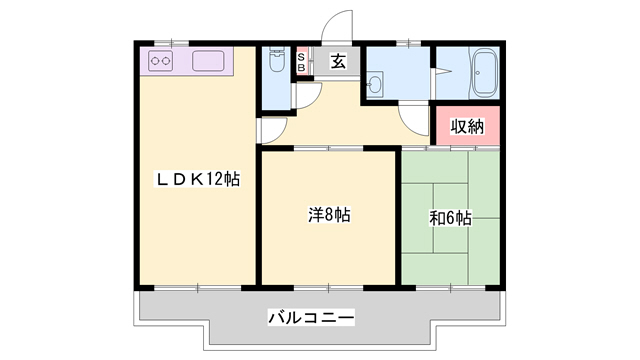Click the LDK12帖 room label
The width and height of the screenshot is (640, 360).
point(196,179)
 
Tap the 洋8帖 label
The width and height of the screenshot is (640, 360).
point(329,214)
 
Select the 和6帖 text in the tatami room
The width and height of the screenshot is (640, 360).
point(449,217)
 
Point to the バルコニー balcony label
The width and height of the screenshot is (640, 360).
point(311,318)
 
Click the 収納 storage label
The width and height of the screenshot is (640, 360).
point(467,126)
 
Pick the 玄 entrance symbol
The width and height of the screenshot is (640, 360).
point(339,61)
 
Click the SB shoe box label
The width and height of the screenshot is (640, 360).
point(303,62)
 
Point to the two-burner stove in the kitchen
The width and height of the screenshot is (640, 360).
point(161,61)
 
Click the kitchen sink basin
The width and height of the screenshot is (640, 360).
point(209,61)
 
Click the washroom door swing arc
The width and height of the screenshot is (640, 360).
point(413,125)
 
